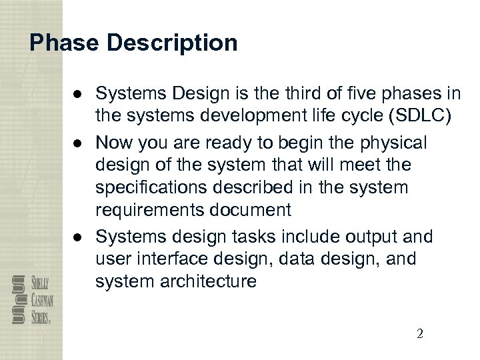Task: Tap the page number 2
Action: point(419,334)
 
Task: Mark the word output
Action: point(370,236)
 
